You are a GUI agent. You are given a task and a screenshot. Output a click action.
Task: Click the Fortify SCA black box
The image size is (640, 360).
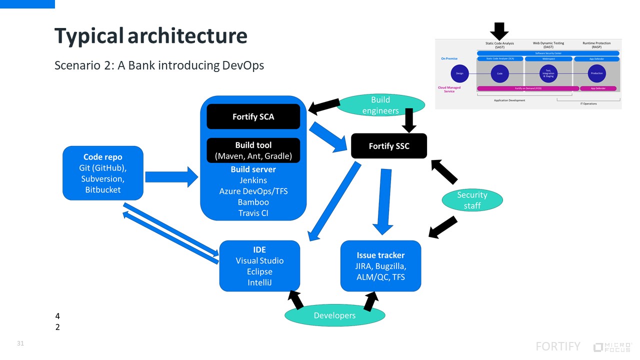pos(253,116)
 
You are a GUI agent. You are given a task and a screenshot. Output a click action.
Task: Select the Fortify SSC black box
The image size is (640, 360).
pos(389,146)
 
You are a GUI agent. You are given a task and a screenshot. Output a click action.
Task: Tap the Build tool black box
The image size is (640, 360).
pos(253,150)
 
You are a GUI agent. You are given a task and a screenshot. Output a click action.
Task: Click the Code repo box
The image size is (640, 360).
pos(103,173)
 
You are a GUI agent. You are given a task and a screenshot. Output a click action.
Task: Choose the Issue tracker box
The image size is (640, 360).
pos(380,266)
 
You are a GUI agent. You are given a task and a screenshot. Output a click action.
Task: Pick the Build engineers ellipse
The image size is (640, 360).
pos(380,105)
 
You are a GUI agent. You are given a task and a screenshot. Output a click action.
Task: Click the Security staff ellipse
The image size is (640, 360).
pos(472,200)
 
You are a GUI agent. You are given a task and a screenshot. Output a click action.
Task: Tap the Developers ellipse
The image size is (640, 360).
pos(334,315)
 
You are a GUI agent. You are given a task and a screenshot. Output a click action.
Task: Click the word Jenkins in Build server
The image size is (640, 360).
pos(253,180)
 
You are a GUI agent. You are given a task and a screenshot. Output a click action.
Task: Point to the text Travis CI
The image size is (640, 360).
pos(253,213)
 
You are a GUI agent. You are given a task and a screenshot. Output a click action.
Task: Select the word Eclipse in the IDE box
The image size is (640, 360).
pos(259,271)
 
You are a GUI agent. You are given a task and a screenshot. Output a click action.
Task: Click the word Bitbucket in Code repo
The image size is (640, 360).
pos(103,189)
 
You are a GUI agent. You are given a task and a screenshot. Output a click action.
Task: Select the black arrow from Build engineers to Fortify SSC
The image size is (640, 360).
pos(409,120)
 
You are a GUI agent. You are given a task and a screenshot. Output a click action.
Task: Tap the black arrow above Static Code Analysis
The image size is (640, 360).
pos(499,30)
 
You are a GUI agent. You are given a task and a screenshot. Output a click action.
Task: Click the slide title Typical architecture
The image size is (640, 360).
pos(150,36)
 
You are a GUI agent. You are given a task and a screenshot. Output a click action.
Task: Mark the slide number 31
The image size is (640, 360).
pos(20,343)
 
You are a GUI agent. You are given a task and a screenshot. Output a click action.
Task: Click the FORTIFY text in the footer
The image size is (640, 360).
pos(558,346)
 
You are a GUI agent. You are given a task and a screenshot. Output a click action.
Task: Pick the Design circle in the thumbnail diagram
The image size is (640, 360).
pos(459,73)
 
